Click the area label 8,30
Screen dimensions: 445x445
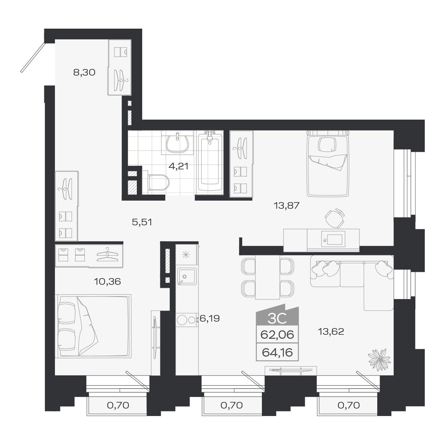(84, 72)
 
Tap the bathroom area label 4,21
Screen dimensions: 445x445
(178, 166)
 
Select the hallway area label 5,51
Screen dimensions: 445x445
(142, 222)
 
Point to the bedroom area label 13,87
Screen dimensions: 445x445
(287, 205)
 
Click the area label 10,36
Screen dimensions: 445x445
(107, 281)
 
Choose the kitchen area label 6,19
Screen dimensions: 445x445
(210, 318)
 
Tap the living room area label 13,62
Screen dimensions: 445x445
(331, 332)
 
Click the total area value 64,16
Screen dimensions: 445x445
(277, 353)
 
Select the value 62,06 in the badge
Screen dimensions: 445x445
(277, 335)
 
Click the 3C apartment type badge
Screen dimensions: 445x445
(277, 318)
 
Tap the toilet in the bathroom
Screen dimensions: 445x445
(157, 182)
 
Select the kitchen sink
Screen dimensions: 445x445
(187, 276)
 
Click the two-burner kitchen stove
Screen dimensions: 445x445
(186, 320)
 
